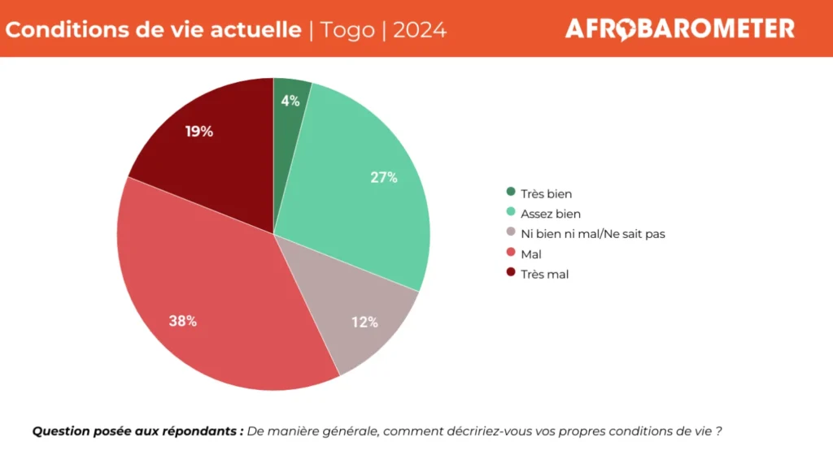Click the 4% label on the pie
click(290, 102)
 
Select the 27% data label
click(384, 178)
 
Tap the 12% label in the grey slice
click(364, 322)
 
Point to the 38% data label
click(182, 320)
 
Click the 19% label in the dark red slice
click(199, 131)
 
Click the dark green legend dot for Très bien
click(511, 193)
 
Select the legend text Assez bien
click(551, 214)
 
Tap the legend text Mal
click(531, 254)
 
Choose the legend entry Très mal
click(545, 275)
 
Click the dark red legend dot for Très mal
click(511, 274)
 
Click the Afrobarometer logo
click(679, 29)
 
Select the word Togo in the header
click(348, 30)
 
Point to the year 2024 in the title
click(419, 30)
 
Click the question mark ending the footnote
click(719, 431)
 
